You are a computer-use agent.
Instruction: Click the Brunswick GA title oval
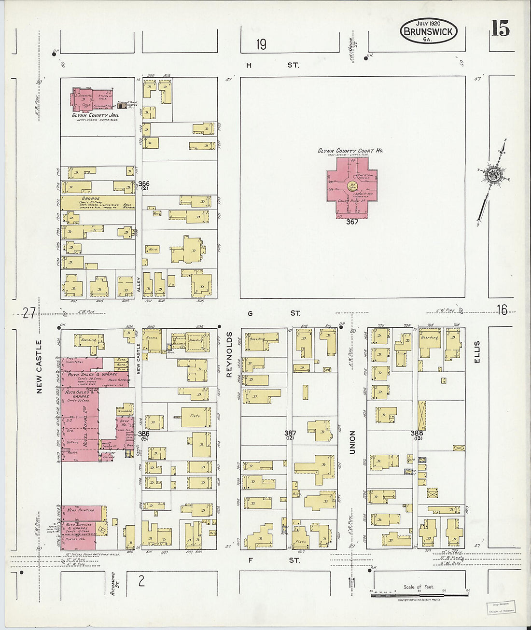pos(428,31)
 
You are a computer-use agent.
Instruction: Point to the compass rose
pos(492,174)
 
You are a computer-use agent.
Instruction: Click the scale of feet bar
pos(419,595)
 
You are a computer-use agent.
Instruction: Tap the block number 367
pos(352,222)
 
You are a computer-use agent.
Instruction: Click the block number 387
pos(290,433)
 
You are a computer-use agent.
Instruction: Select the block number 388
pos(417,433)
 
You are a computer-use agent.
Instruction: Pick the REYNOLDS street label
pos(229,354)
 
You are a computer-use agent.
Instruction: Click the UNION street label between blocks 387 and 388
pos(352,442)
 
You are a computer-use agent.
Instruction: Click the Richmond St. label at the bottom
pos(113,583)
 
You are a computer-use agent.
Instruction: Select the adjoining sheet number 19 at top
pos(261,45)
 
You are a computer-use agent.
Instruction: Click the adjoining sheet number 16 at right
pos(502,310)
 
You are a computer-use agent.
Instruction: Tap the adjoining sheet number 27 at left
pos(30,314)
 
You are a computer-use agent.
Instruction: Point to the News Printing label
pos(81,509)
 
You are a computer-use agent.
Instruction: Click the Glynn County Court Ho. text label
pos(350,151)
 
